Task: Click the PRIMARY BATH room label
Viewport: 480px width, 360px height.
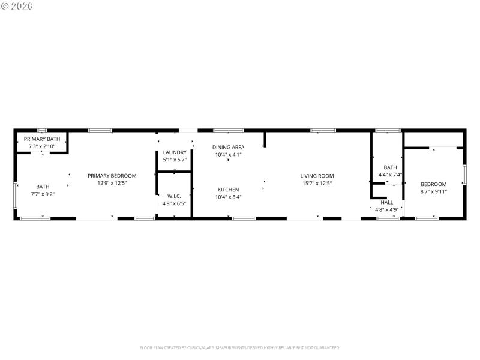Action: coord(42,139)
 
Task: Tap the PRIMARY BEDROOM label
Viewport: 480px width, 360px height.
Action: coord(112,176)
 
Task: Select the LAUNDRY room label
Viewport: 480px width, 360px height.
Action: coord(175,152)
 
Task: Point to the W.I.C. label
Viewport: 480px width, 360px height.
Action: coord(174,196)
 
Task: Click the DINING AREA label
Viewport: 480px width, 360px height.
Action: coord(228,147)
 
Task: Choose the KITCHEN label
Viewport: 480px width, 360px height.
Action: coord(228,190)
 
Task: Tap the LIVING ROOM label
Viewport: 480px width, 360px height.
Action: coord(317,176)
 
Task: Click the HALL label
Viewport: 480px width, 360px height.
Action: coord(387,203)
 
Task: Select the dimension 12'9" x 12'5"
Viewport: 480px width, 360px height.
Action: coord(112,183)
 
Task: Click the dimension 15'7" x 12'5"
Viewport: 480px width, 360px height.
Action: coord(317,183)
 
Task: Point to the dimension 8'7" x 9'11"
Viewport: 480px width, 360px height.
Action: coord(433,191)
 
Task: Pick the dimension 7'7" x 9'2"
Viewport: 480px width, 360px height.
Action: coord(43,194)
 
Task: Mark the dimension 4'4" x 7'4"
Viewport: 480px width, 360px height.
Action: coord(390,175)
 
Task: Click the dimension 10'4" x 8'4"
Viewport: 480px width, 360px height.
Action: coord(228,197)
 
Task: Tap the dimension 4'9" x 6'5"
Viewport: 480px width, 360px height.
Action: coord(174,203)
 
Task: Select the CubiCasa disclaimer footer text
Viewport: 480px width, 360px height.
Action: coord(240,347)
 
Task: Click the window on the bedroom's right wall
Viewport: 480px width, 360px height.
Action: coord(464,175)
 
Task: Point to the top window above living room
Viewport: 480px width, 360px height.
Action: coord(323,130)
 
